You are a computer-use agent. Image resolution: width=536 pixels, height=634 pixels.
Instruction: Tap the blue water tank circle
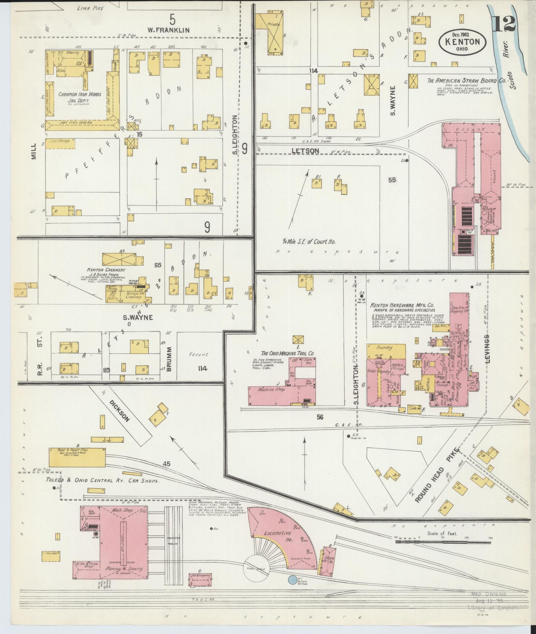(x=292, y=580)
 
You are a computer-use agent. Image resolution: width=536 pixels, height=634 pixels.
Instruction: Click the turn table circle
(x=257, y=571)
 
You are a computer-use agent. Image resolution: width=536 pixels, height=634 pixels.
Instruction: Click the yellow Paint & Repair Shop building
(x=77, y=457)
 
